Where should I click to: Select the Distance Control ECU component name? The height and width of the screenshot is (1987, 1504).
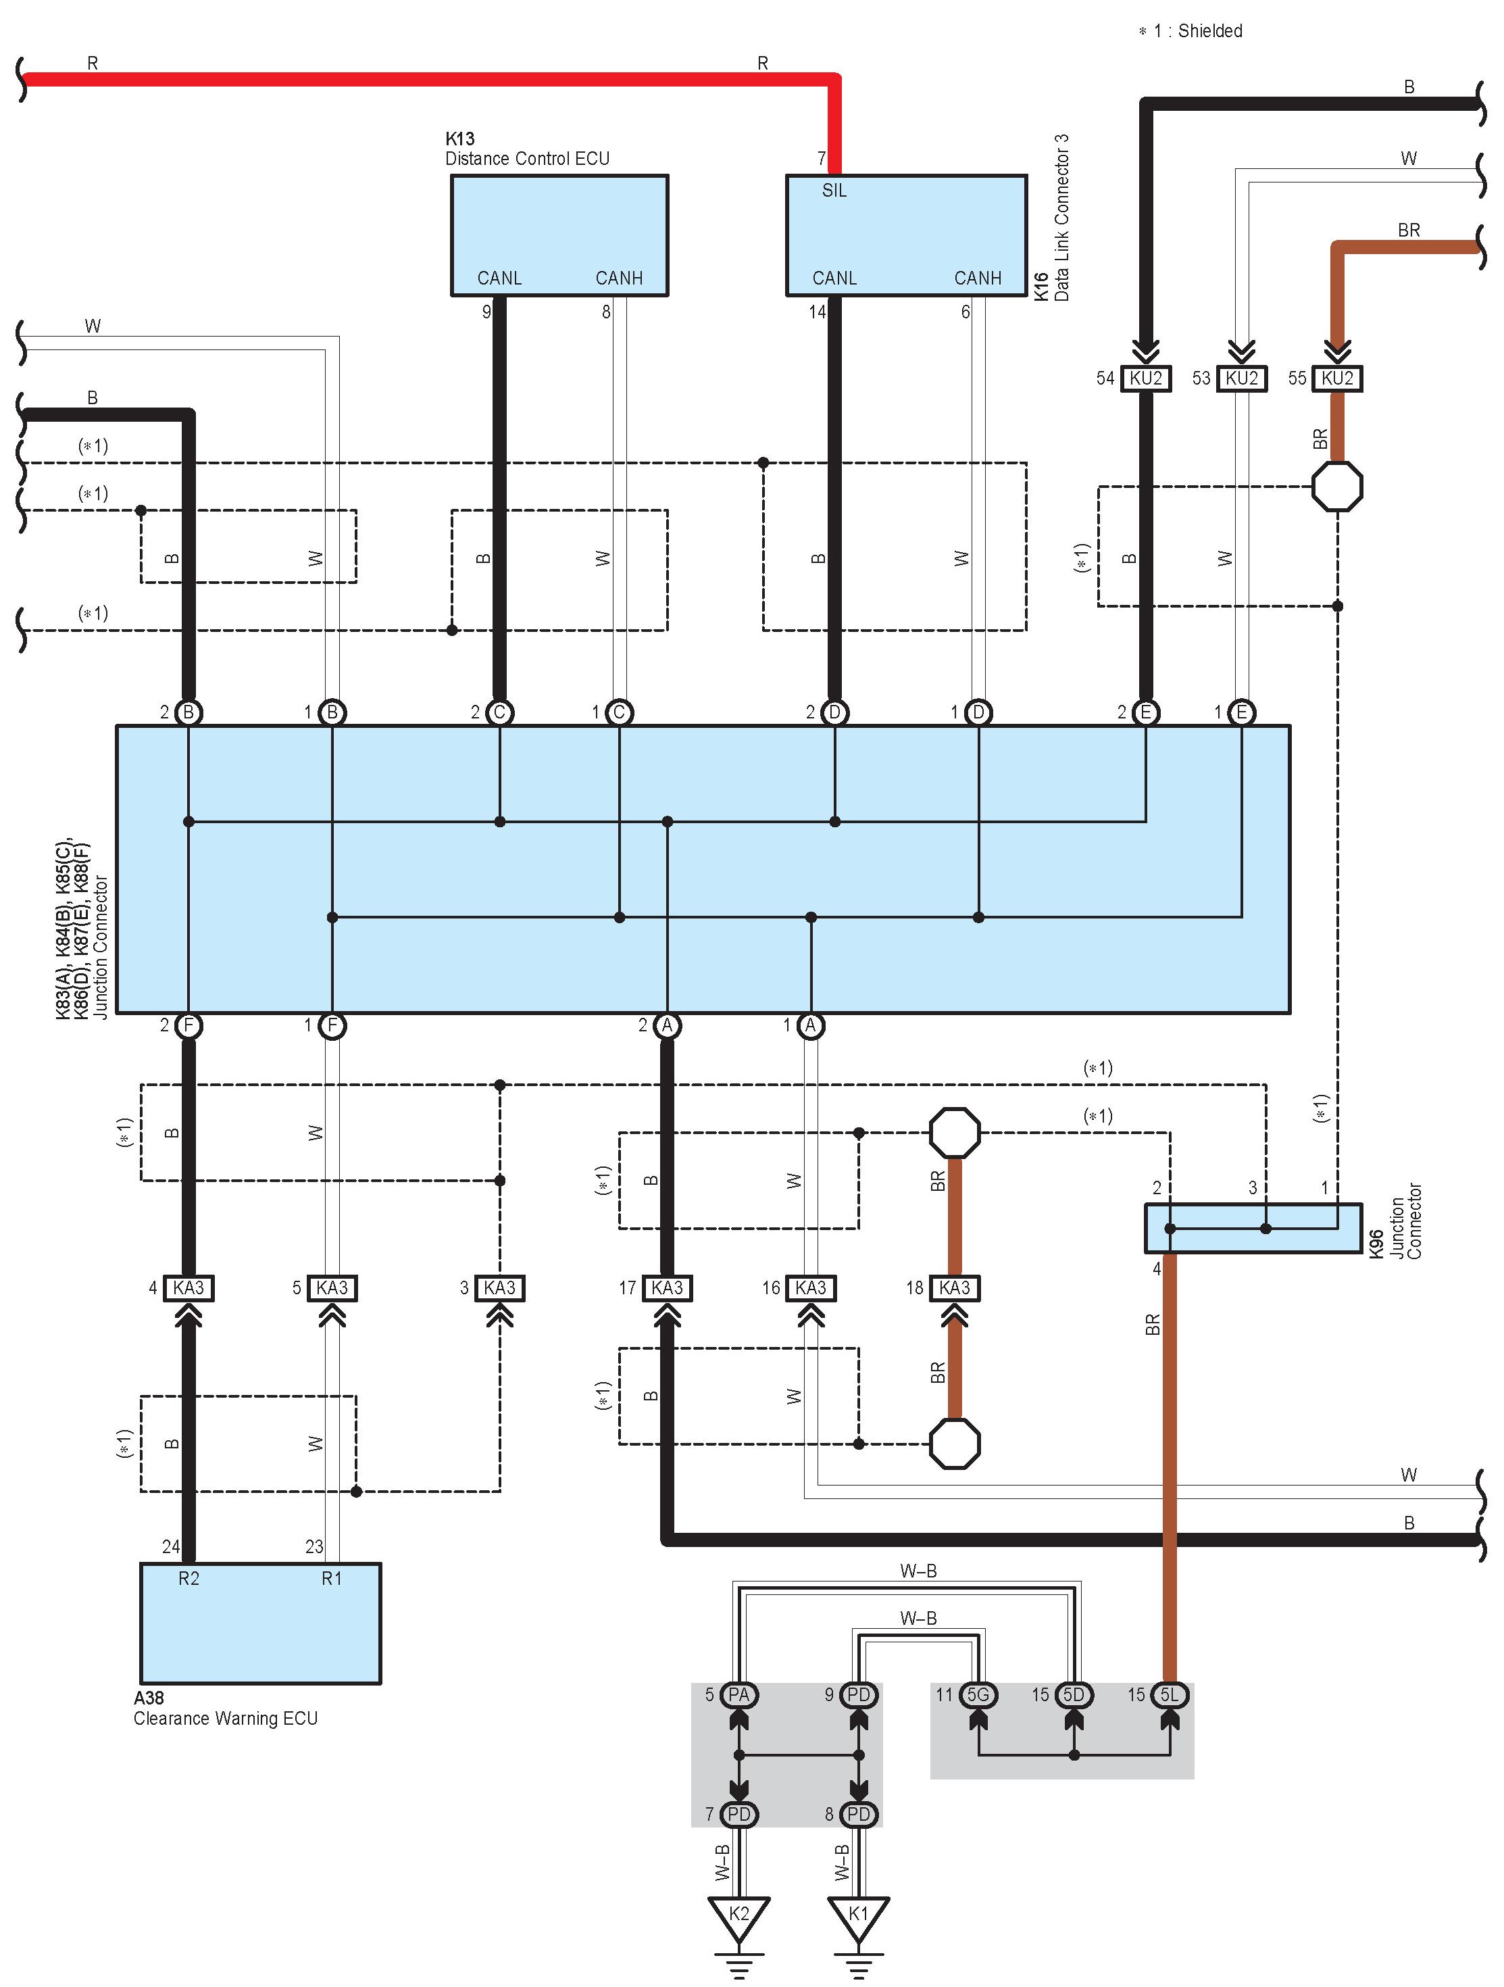[527, 159]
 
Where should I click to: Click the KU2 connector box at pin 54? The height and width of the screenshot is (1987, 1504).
[1146, 378]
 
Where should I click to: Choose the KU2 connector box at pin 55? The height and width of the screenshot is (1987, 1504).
[1337, 378]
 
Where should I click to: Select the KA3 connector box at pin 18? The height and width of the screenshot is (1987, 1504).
[955, 1288]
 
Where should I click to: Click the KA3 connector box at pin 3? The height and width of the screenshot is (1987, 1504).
[499, 1288]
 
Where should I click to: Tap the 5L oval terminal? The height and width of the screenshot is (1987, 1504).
[1169, 1695]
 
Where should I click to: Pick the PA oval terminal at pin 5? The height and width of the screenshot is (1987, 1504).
[738, 1695]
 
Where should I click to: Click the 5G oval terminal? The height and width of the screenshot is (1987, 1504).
[977, 1695]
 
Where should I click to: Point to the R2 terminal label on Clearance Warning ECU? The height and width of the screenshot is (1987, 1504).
[189, 1578]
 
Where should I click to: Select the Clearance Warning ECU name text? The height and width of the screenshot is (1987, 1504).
[226, 1719]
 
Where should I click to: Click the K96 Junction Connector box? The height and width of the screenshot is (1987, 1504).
[1253, 1228]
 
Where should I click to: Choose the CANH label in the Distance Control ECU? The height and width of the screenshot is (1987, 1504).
[619, 278]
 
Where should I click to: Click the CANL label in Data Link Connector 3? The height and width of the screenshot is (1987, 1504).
[834, 278]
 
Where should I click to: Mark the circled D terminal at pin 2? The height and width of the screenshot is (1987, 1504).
[834, 712]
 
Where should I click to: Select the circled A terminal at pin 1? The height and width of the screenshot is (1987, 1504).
[811, 1026]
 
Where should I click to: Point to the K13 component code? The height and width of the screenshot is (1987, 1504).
[459, 139]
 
